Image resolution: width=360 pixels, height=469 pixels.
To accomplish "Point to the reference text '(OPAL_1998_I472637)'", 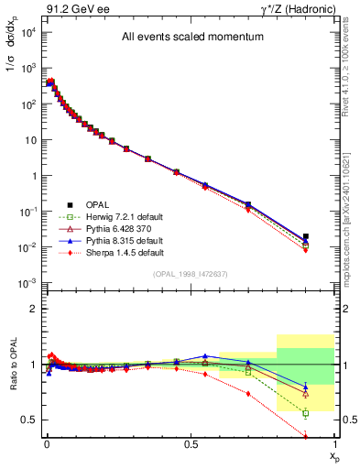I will point(190,274).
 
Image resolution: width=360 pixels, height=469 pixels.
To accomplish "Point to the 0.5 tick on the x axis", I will point(191,443).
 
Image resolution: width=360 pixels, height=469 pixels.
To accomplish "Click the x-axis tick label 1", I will point(334,443).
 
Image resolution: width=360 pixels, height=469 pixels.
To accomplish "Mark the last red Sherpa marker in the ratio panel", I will point(306,437).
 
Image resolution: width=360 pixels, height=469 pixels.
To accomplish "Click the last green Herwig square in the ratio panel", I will point(306,413).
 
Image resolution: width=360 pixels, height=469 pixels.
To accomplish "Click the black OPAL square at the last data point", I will point(306,236).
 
